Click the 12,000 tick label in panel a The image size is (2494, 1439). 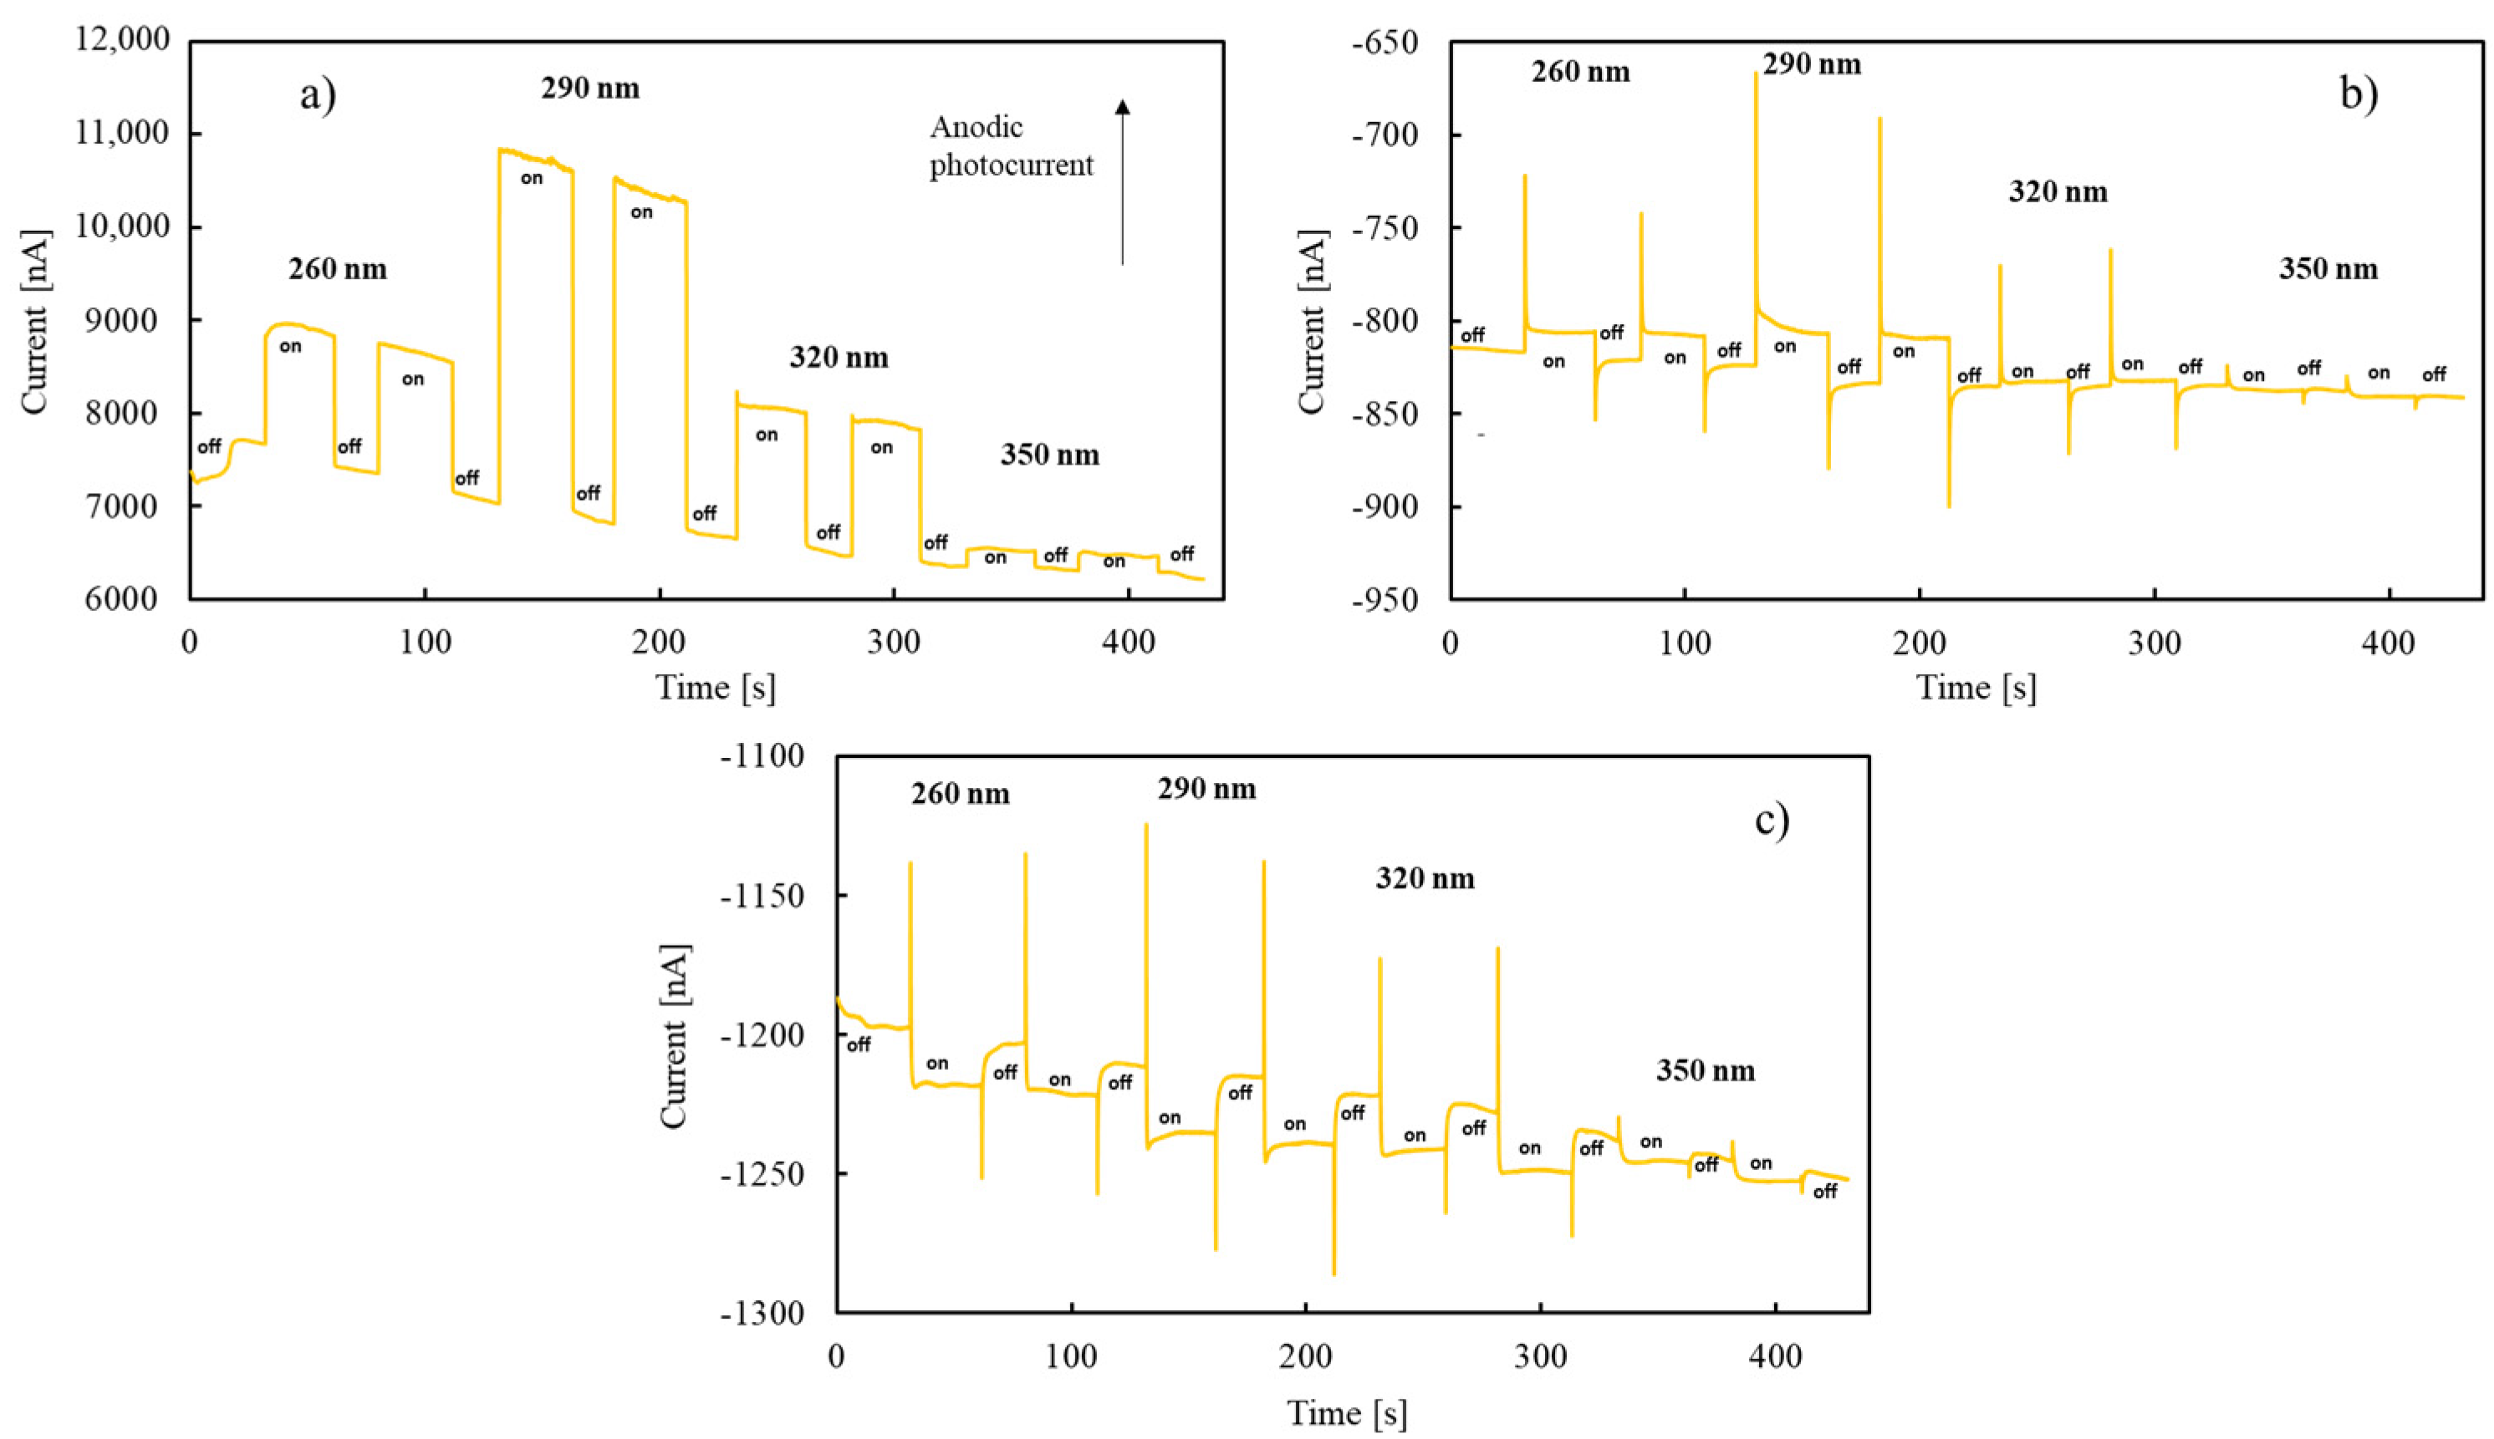[x=123, y=39]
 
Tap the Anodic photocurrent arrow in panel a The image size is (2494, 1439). [x=1122, y=183]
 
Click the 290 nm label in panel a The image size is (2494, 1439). [x=590, y=88]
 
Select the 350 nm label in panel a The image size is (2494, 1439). [x=1050, y=455]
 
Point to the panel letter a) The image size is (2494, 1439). [x=319, y=95]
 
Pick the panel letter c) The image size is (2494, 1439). [x=1772, y=819]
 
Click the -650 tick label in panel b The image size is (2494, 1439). [x=1390, y=43]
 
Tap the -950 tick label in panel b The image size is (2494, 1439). [x=1390, y=599]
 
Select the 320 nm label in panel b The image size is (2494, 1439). [x=2058, y=191]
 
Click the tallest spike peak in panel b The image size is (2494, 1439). [x=1757, y=74]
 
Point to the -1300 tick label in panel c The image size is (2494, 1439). [x=763, y=1314]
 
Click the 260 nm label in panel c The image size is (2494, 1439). [x=961, y=794]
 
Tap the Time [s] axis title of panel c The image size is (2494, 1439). [x=1346, y=1413]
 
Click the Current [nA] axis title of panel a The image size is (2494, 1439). [x=33, y=321]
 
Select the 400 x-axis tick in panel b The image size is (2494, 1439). [x=2388, y=643]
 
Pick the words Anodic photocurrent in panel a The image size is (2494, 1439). [x=1010, y=146]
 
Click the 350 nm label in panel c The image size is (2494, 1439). [x=1706, y=1070]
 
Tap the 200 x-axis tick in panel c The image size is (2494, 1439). [x=1305, y=1356]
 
